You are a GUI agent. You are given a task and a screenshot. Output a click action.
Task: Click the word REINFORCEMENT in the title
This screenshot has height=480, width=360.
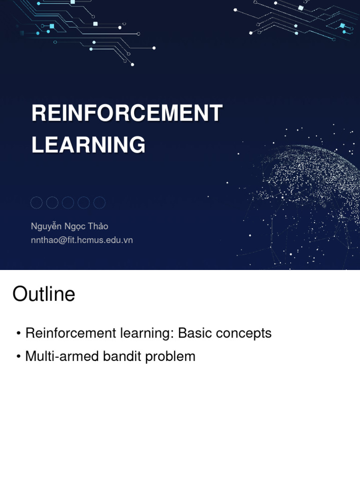coord(127,113)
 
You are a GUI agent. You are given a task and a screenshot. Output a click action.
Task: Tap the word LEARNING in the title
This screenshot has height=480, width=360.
coord(88,145)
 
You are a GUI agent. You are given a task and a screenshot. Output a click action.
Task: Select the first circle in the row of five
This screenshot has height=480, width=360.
coord(37,202)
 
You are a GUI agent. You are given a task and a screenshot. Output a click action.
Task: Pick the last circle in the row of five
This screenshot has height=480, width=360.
coord(99,202)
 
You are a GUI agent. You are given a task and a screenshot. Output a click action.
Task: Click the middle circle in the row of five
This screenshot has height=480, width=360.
coord(68,202)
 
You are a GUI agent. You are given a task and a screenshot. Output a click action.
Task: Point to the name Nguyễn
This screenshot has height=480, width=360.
coord(46,226)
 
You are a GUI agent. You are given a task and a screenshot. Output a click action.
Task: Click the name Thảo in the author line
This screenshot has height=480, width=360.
coord(97,226)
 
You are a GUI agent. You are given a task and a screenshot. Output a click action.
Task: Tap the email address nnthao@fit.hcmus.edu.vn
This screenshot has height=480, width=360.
coord(82,240)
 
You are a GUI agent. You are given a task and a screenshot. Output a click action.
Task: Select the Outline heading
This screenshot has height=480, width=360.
coord(44,294)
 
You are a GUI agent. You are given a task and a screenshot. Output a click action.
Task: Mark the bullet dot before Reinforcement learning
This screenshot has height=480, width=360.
coord(18,334)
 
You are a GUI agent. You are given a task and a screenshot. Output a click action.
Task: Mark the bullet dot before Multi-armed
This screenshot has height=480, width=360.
coord(18,357)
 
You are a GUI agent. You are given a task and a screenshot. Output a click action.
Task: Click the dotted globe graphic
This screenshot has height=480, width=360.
coord(309,187)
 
